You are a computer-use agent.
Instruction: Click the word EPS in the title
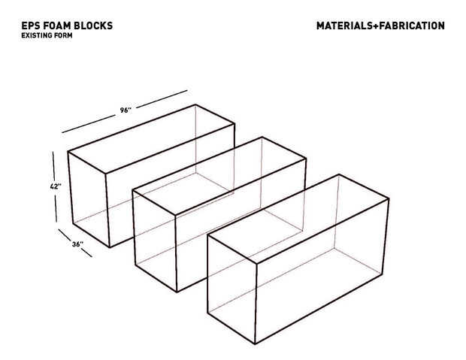pos(29,26)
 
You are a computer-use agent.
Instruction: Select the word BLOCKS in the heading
pos(93,26)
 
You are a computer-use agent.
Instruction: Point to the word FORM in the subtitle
pos(62,35)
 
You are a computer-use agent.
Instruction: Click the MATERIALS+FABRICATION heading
pos(380,26)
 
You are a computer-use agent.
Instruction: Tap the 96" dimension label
pos(126,110)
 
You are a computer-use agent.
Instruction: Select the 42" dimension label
pos(56,186)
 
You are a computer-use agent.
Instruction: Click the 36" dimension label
pos(77,244)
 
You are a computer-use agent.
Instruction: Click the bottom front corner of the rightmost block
pos(255,343)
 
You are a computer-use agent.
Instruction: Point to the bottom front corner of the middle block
pos(177,292)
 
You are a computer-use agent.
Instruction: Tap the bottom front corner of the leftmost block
pos(110,247)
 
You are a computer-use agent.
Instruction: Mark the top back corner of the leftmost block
pos(195,104)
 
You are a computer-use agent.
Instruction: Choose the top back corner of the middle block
pos(262,138)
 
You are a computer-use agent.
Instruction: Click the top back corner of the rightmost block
pos(339,175)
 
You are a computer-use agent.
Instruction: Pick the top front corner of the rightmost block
pos(256,263)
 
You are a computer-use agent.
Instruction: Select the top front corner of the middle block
pos(175,215)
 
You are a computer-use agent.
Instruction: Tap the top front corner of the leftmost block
pos(105,173)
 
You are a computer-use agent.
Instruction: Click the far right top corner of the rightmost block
pos(389,198)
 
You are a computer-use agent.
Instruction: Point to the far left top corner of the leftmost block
pos(68,152)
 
